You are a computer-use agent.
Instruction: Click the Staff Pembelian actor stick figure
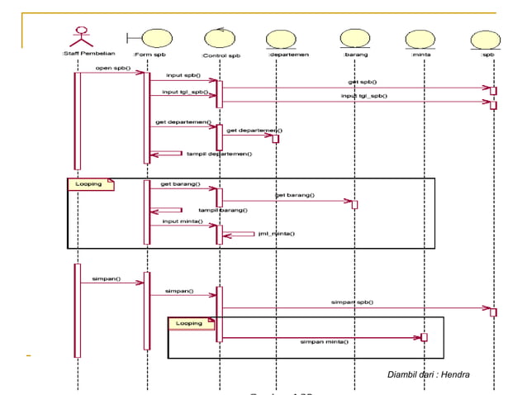[78, 37]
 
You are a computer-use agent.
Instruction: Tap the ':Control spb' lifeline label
[221, 55]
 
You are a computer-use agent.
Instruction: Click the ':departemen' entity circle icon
[282, 39]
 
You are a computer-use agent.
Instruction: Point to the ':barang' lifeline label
[356, 55]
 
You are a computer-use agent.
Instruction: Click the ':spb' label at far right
[489, 55]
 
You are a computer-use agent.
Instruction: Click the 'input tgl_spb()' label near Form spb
[184, 93]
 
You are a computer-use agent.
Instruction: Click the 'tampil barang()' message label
[216, 210]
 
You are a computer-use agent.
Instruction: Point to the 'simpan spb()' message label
[352, 302]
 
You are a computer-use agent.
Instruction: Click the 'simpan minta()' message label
[324, 340]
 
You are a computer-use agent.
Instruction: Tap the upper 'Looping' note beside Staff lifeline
[89, 184]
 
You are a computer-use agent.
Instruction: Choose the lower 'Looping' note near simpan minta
[190, 323]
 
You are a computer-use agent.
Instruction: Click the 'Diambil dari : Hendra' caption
[428, 376]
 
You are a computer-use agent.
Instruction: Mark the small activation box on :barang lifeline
[354, 204]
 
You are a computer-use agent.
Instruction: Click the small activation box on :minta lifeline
[424, 337]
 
